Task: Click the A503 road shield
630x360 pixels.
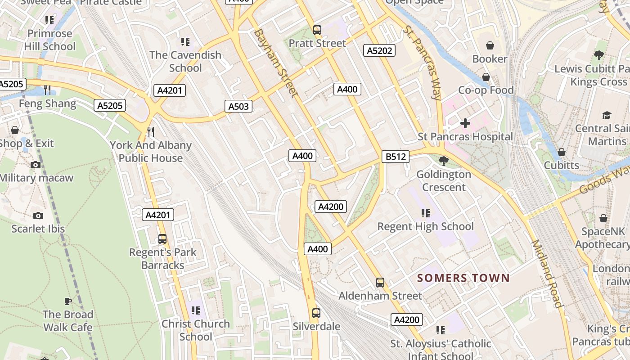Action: (238, 106)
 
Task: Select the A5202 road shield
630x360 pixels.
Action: (379, 50)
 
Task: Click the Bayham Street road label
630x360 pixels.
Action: (276, 63)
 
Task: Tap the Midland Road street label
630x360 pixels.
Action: (548, 274)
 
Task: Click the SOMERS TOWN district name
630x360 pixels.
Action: (463, 278)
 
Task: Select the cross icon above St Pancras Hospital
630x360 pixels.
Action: (465, 123)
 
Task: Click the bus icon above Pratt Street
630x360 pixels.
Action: (317, 30)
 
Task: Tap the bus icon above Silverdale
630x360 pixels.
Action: (316, 313)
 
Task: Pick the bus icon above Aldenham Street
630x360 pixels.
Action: (380, 283)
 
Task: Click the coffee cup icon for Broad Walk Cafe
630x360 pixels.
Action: (67, 301)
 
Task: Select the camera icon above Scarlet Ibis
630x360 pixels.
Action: (38, 216)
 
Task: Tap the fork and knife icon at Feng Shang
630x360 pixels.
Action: (47, 90)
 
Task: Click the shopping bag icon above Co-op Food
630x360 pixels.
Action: (486, 77)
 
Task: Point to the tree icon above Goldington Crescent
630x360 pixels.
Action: (444, 161)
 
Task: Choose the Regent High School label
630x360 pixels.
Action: (425, 226)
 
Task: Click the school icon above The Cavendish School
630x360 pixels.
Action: (185, 42)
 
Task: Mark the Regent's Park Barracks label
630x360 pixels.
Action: (162, 259)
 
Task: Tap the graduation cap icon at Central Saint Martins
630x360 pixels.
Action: (607, 115)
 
